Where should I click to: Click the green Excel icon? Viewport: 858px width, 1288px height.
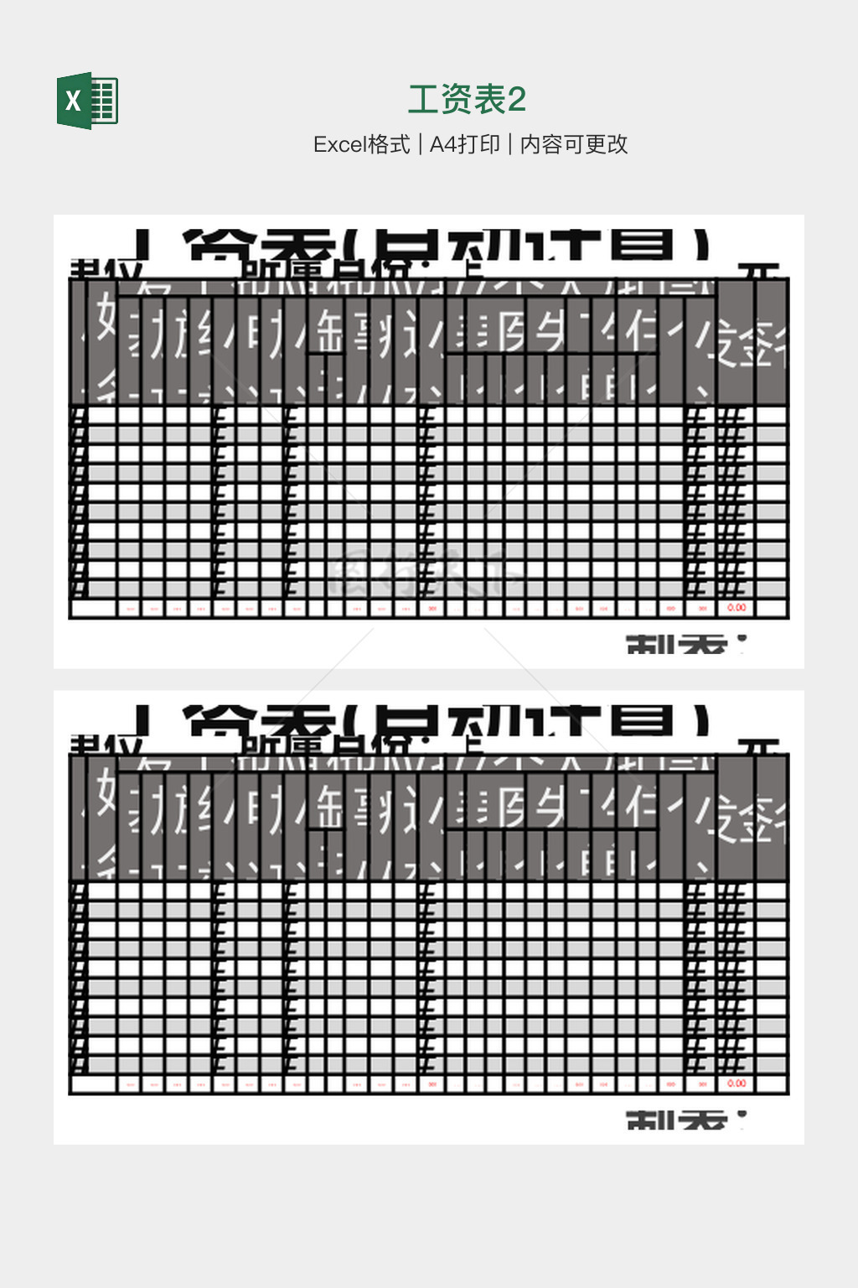88,101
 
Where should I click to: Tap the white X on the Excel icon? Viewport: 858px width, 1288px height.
74,101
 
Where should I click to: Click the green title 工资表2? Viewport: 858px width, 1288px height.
467,100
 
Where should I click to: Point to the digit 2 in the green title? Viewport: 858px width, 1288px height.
517,100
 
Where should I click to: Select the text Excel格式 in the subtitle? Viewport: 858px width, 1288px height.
362,145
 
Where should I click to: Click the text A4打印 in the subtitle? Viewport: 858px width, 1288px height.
464,145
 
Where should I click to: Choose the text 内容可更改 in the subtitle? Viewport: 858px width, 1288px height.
574,145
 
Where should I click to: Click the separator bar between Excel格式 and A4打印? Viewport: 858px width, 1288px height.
420,145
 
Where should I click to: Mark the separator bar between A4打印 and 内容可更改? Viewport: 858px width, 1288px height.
510,145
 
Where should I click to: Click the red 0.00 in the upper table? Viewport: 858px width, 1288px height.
737,608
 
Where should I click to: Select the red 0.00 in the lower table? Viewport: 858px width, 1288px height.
737,1083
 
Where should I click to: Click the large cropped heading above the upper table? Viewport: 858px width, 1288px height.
444,245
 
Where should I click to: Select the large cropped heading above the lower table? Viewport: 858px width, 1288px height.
444,720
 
